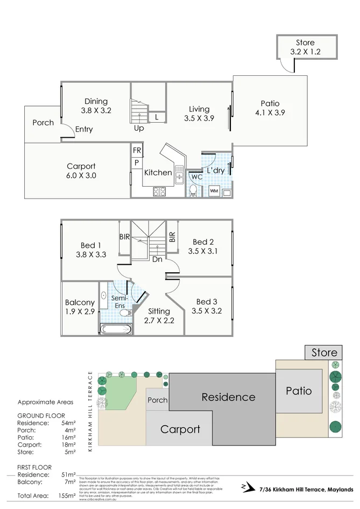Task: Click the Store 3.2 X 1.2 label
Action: [305, 47]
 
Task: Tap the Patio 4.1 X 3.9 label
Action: [270, 108]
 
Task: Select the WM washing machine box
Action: [214, 191]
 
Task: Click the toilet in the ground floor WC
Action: [193, 190]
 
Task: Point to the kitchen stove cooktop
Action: [159, 190]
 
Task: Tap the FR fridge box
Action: [137, 151]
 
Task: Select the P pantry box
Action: [137, 162]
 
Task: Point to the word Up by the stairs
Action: [139, 129]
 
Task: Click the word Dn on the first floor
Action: [157, 259]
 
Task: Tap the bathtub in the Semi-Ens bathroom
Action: [116, 328]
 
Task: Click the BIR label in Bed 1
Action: [123, 237]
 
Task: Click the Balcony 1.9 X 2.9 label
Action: [80, 307]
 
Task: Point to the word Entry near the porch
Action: [84, 129]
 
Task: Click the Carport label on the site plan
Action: [180, 429]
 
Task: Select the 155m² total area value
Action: [65, 496]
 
